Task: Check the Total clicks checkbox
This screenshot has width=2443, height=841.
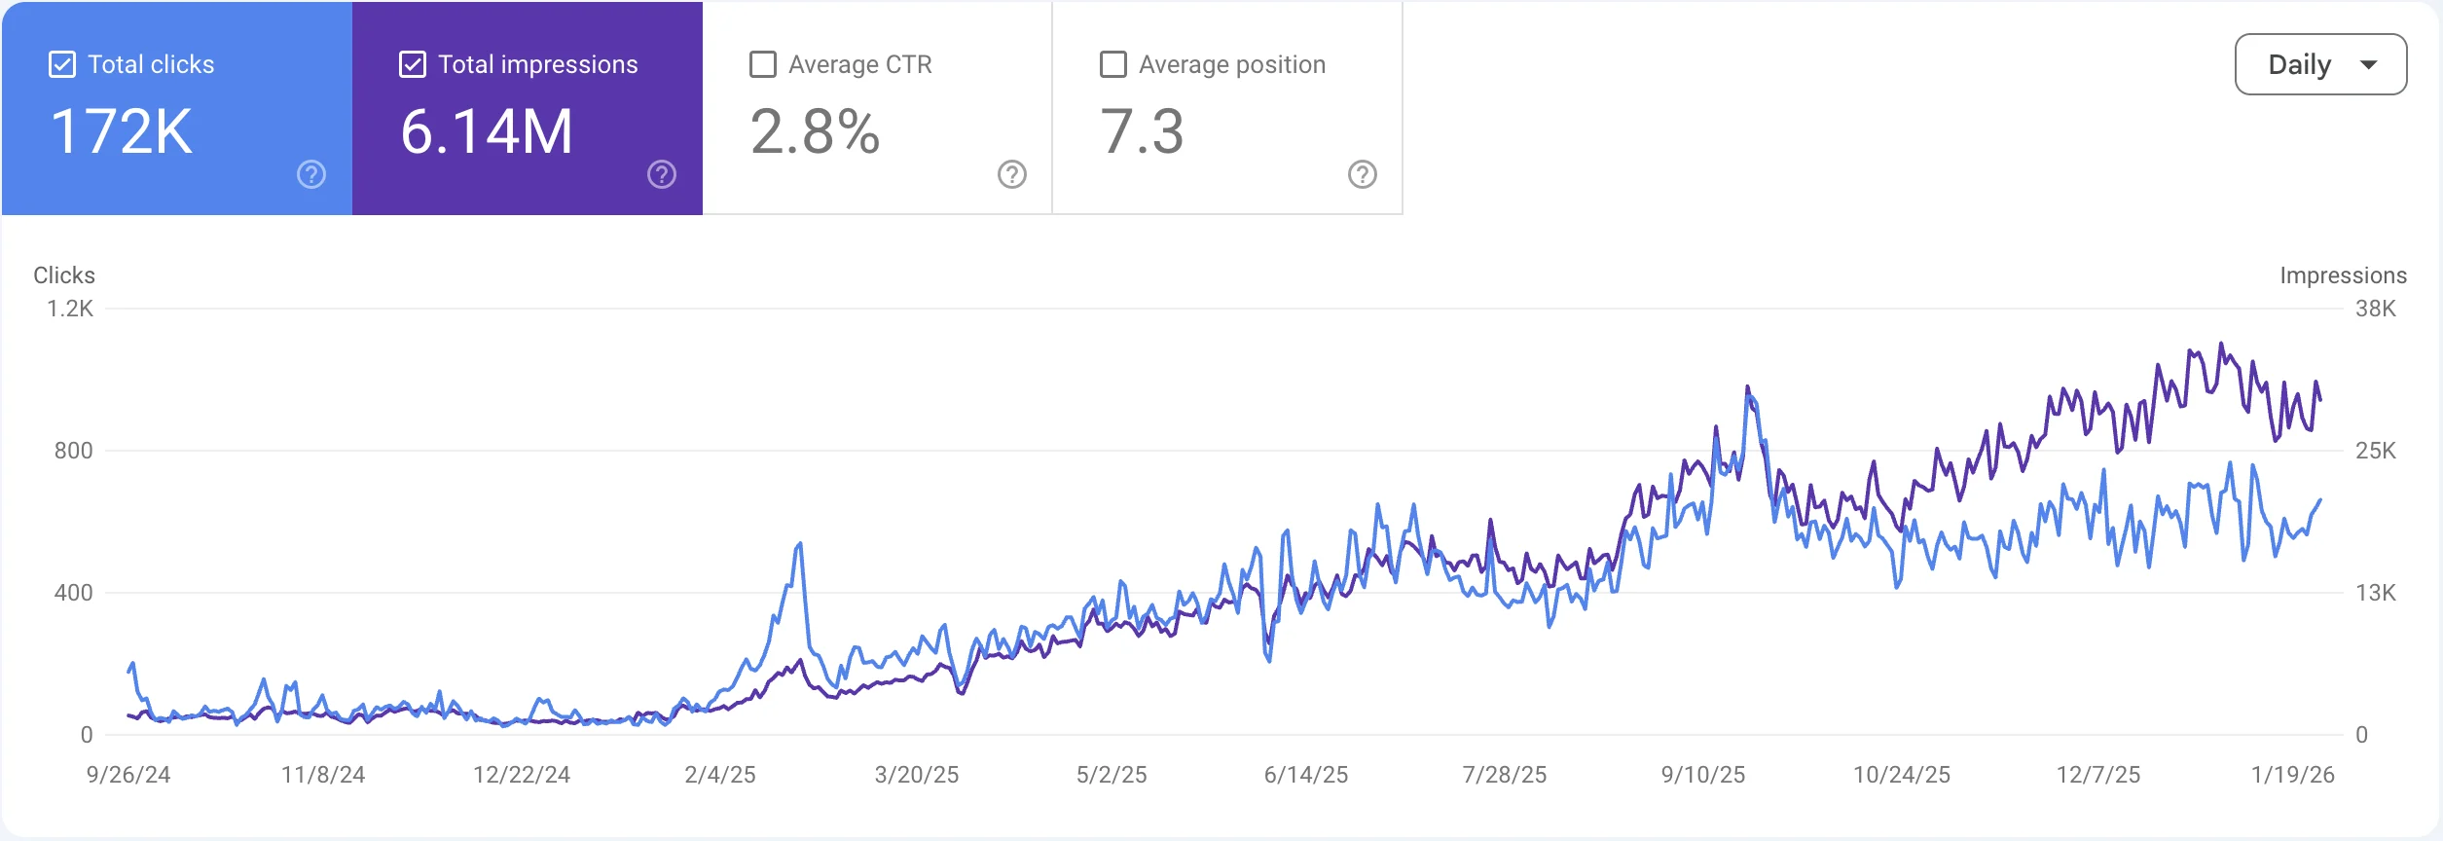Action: [62, 65]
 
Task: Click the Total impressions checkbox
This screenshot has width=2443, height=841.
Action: [413, 65]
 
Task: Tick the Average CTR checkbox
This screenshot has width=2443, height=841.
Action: [763, 65]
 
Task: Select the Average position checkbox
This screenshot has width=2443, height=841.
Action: [1112, 65]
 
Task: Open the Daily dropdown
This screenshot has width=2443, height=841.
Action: [2320, 65]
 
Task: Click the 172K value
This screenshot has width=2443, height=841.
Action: [122, 132]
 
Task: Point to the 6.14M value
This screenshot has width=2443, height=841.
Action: [487, 132]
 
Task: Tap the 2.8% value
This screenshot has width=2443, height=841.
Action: [816, 132]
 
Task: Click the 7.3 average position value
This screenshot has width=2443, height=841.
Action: [1142, 132]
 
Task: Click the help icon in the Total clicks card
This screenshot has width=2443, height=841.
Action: [311, 175]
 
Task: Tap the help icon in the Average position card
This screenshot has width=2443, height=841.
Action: [1362, 175]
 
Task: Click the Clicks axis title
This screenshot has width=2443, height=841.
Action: [64, 275]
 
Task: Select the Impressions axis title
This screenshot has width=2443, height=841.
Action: [2343, 275]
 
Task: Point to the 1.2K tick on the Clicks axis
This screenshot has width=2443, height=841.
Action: [70, 310]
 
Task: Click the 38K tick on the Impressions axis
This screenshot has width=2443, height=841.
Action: [2375, 310]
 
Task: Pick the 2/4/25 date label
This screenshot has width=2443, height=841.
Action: [720, 775]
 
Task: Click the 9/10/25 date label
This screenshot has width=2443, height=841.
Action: [1703, 775]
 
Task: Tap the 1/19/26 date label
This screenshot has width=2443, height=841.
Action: [2292, 775]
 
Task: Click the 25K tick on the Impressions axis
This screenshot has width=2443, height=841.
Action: [2375, 451]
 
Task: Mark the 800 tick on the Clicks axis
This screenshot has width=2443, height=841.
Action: [74, 451]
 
